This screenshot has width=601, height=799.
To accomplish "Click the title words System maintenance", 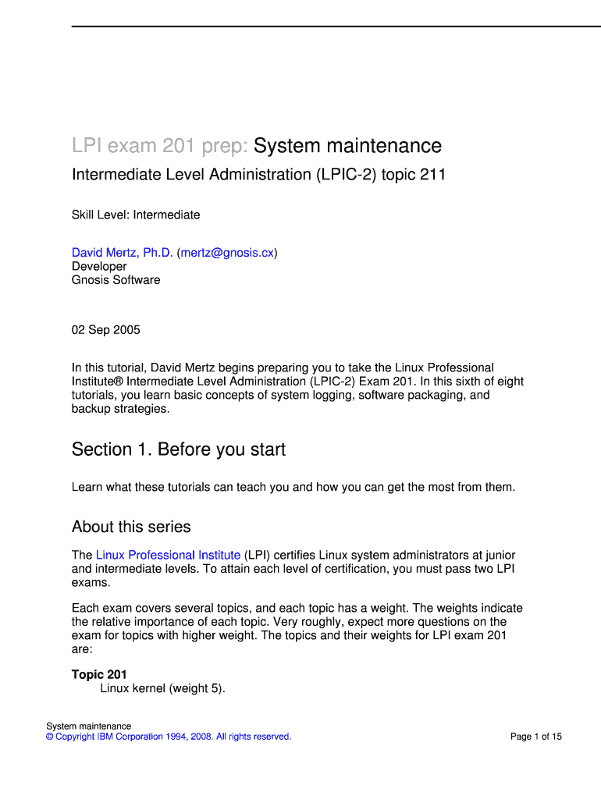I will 347,146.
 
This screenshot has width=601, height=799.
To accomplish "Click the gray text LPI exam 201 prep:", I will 160,146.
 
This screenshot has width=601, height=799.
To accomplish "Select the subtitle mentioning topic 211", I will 258,175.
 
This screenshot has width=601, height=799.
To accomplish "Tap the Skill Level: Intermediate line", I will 136,215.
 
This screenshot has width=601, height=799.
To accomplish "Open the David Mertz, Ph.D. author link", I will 122,253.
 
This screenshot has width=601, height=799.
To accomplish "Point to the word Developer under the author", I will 99,266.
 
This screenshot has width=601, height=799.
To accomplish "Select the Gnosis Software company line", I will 116,279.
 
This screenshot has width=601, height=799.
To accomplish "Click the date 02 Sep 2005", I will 106,329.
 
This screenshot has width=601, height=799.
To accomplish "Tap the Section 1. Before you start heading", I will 179,449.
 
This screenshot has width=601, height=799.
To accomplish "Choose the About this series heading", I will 131,527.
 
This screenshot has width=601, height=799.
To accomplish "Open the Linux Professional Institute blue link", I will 168,555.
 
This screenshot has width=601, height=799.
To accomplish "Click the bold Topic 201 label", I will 99,674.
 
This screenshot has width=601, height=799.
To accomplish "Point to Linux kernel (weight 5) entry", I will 162,688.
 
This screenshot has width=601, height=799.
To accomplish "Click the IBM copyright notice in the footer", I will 169,737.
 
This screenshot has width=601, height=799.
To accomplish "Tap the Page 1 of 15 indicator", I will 535,737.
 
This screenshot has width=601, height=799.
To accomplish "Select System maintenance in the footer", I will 88,726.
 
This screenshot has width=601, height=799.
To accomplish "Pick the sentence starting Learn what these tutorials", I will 293,487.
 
